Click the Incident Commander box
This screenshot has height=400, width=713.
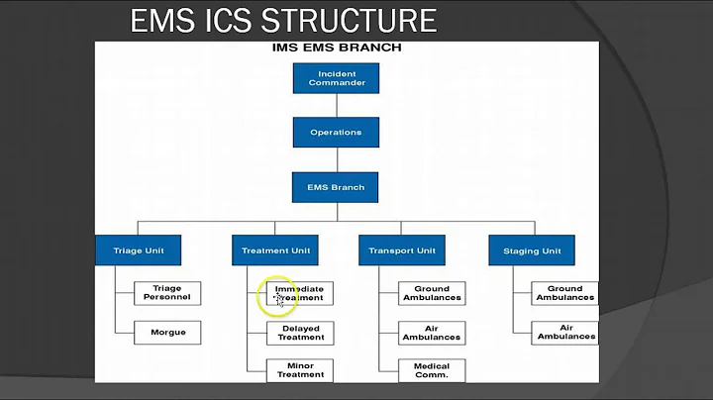pyautogui.click(x=337, y=78)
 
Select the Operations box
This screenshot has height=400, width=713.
pyautogui.click(x=337, y=133)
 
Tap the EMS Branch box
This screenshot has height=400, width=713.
pyautogui.click(x=337, y=187)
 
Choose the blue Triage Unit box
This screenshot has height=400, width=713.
pyautogui.click(x=139, y=250)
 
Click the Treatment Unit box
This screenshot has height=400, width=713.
pyautogui.click(x=277, y=250)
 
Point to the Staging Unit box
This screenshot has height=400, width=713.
pyautogui.click(x=532, y=250)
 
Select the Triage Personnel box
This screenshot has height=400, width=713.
pyautogui.click(x=167, y=293)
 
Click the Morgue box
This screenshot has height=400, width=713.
pyautogui.click(x=167, y=332)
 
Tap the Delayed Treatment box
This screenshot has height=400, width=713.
pyautogui.click(x=300, y=333)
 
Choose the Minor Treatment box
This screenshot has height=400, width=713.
pyautogui.click(x=300, y=370)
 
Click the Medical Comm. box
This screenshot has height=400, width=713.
pyautogui.click(x=432, y=370)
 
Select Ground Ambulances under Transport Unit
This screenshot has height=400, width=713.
pyautogui.click(x=432, y=293)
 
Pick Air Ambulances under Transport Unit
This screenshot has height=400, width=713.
pyautogui.click(x=432, y=333)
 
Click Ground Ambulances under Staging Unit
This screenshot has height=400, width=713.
pyautogui.click(x=565, y=293)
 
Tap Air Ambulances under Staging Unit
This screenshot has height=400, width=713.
pyautogui.click(x=565, y=333)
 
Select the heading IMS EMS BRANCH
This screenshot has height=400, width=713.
pyautogui.click(x=337, y=48)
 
